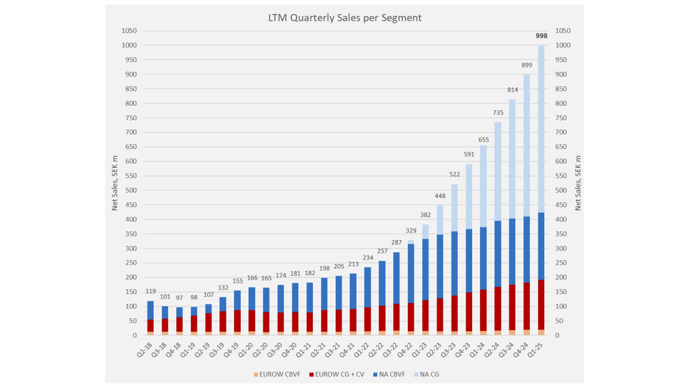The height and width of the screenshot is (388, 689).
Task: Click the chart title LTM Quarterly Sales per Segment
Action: coord(344,18)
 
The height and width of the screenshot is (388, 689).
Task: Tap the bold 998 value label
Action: coord(541,36)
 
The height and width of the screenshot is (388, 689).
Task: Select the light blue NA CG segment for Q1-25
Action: coord(541,129)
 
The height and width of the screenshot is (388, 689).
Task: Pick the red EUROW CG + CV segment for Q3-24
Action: coord(512,307)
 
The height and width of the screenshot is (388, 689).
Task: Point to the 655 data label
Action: coord(483,140)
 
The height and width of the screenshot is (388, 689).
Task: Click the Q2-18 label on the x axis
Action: coord(145,350)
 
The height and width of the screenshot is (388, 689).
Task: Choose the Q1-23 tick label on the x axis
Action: coord(420,350)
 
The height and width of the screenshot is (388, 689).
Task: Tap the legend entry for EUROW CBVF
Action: coord(277,374)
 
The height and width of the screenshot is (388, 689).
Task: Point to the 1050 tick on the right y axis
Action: coord(563,31)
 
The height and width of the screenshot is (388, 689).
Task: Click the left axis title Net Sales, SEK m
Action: coord(115,183)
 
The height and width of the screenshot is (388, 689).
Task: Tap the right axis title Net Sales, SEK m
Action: coord(578,183)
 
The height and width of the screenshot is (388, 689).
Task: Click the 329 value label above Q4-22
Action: coord(411,231)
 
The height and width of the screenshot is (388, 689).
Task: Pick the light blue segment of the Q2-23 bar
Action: coord(440,220)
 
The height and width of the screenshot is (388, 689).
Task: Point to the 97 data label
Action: coord(179,298)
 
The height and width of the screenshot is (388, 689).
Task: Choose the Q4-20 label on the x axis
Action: coord(290,350)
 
